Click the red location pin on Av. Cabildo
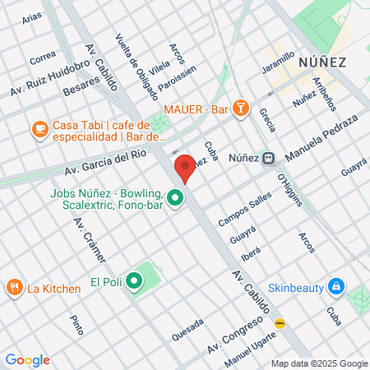[x=185, y=167]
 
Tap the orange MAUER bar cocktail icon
[x=240, y=109]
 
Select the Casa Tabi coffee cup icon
[x=39, y=129]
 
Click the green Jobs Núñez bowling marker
[x=174, y=198]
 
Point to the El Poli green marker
[x=134, y=283]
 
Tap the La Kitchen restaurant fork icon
[x=14, y=288]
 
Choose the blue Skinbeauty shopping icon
[x=335, y=286]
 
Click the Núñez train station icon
[x=268, y=159]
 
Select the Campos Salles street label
[x=245, y=210]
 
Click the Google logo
[x=27, y=360]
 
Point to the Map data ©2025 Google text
[x=320, y=363]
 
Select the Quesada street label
[x=187, y=330]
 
